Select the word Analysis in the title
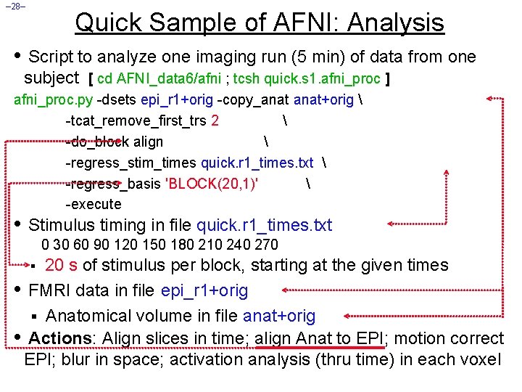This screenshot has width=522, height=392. coord(396,23)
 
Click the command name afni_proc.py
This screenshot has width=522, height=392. coord(54,100)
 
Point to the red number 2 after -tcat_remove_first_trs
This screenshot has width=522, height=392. coord(215,121)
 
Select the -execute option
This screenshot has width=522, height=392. coord(94,205)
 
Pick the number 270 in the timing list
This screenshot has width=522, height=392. coord(266,245)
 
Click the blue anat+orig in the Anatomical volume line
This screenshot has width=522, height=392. coord(279,316)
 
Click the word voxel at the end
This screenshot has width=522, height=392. coord(479,359)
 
